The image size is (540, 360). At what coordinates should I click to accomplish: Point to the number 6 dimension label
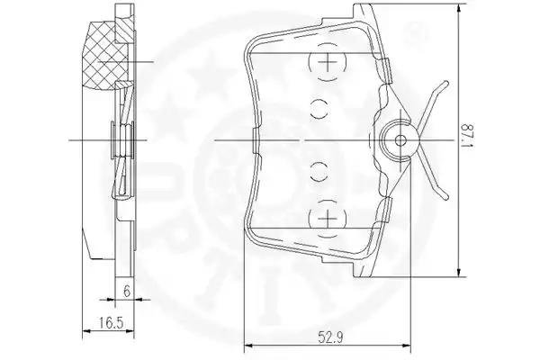[127, 292]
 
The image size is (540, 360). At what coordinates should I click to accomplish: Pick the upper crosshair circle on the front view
[328, 62]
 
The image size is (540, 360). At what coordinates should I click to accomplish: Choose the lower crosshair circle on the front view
[328, 219]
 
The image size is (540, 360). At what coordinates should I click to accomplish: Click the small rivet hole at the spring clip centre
[400, 140]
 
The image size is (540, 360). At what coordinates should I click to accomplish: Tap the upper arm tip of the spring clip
[446, 83]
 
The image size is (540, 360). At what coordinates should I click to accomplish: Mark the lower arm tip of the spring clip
[446, 197]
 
